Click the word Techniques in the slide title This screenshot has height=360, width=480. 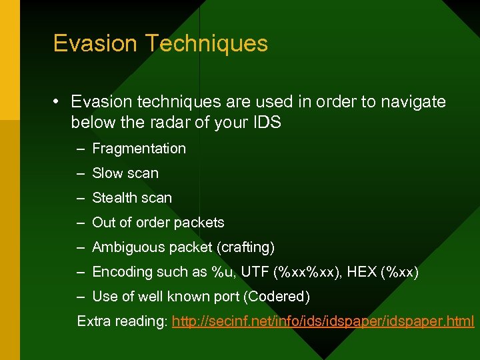point(206,44)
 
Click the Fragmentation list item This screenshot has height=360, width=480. point(139,149)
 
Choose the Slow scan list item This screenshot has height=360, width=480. point(125,173)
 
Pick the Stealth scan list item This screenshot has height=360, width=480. point(132,198)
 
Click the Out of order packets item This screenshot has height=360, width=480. point(158,223)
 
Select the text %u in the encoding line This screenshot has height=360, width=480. point(221,272)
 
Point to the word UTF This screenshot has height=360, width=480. point(251,272)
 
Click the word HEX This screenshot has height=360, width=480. point(361,272)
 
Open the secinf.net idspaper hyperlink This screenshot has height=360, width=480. point(323,322)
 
